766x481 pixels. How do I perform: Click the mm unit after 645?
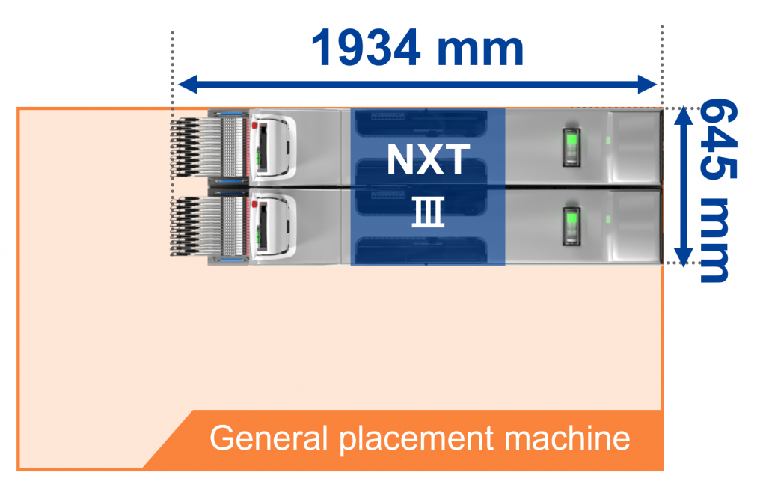714,239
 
